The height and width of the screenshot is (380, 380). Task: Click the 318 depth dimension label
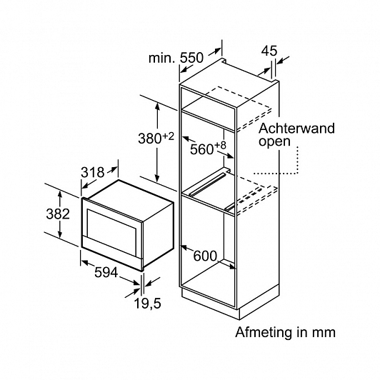[x=92, y=172]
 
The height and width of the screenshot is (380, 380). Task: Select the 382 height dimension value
[x=58, y=214]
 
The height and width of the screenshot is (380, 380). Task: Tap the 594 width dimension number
[x=106, y=272]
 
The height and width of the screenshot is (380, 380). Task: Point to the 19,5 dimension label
[x=148, y=303]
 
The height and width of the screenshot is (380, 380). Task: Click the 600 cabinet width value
[x=205, y=256]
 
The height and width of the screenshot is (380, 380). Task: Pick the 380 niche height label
[x=149, y=139]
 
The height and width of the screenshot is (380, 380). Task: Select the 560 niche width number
[x=201, y=149]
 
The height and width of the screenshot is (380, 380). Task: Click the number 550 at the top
[x=191, y=58]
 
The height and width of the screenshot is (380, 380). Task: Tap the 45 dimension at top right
[x=269, y=51]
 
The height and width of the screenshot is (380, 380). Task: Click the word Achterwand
[x=296, y=128]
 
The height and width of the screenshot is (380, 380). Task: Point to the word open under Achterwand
[x=274, y=141]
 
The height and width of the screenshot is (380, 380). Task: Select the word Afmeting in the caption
[x=264, y=332]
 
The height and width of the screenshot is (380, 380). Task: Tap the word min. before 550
[x=161, y=58]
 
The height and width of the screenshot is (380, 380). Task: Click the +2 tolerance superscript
[x=169, y=136]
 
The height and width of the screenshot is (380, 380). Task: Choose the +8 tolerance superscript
[x=220, y=145]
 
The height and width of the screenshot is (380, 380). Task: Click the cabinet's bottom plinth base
[x=210, y=302]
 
